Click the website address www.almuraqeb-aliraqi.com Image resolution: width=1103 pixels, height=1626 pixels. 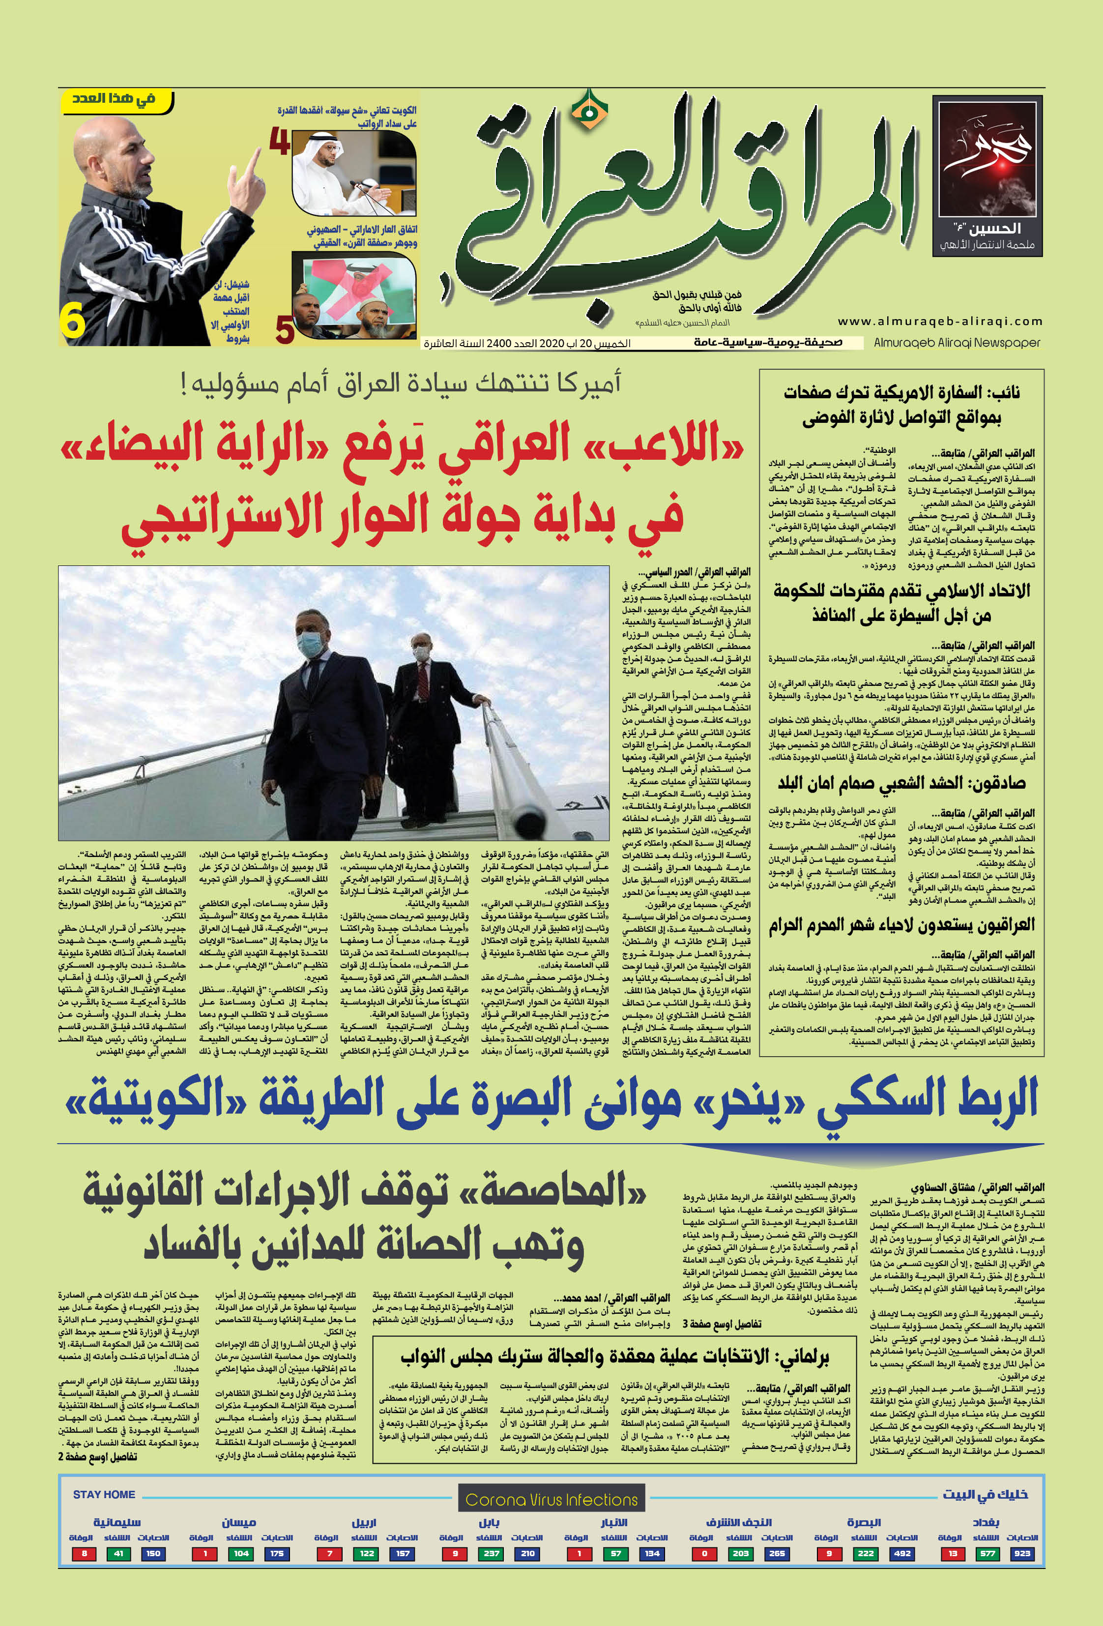(939, 321)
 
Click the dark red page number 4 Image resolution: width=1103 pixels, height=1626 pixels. (280, 142)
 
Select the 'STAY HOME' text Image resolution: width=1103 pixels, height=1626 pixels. (104, 1494)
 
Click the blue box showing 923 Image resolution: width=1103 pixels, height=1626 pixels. (1022, 1553)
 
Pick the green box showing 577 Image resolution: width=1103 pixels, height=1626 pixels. (987, 1553)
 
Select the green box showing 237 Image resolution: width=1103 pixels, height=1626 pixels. (492, 1553)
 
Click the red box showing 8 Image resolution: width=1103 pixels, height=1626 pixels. (84, 1553)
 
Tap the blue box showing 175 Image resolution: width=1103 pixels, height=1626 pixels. (277, 1553)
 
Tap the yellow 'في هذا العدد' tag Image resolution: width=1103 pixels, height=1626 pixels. (114, 99)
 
